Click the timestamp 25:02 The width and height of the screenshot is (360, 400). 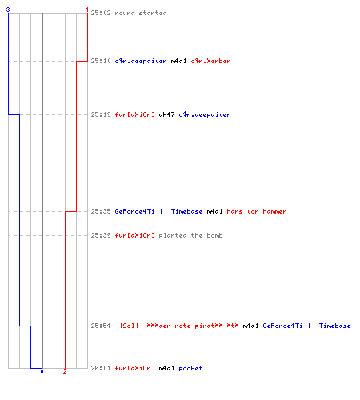101,13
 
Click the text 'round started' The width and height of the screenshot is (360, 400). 141,13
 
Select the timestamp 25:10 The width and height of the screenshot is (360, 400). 101,61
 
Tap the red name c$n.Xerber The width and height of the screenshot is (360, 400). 210,61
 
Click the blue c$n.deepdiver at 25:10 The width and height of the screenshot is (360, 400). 141,61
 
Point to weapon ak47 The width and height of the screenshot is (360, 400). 166,114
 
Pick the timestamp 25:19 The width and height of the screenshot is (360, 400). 101,114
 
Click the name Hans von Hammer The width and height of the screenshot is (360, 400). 257,211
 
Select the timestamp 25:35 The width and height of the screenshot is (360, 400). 101,211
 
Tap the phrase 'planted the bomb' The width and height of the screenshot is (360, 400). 190,235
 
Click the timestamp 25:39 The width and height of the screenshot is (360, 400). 101,235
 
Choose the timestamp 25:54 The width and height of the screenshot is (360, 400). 101,326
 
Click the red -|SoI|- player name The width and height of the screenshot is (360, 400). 177,326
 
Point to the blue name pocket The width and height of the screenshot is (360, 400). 190,368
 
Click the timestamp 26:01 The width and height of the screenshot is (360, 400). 101,368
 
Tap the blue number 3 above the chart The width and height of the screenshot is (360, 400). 8,10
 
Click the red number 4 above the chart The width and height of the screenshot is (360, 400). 87,10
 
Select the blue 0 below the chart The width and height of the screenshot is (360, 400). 42,371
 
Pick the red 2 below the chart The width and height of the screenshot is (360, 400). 65,371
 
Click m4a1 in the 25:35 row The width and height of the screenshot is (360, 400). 214,211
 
